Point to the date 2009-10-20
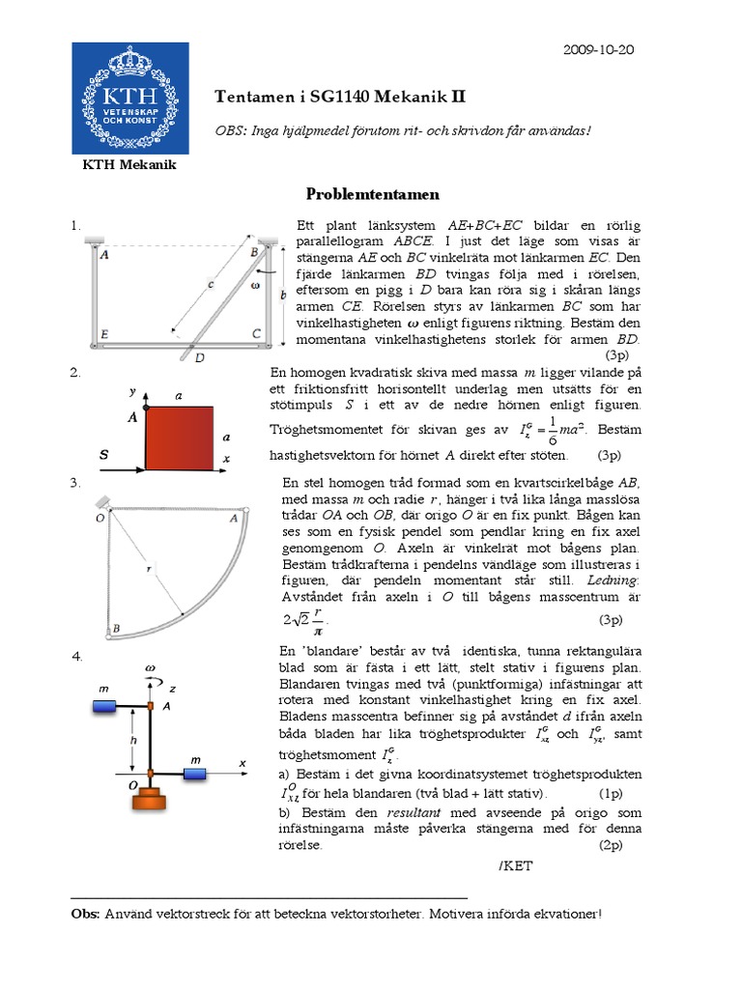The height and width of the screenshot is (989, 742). (x=598, y=49)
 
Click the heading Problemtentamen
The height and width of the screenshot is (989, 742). (x=373, y=194)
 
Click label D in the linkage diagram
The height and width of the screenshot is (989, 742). (x=199, y=357)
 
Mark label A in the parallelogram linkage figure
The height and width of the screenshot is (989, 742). (x=103, y=256)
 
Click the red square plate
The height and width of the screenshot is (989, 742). (x=180, y=438)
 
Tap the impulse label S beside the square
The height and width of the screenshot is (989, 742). (x=103, y=453)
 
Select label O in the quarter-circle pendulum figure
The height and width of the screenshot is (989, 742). (x=100, y=519)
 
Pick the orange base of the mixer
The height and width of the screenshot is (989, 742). (x=152, y=801)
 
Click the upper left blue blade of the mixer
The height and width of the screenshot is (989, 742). (x=104, y=708)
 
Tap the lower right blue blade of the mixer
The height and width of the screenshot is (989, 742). (x=198, y=774)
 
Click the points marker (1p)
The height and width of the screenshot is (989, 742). (x=611, y=793)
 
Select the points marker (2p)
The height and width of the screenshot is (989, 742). (x=611, y=844)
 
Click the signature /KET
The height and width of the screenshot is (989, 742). (x=516, y=865)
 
